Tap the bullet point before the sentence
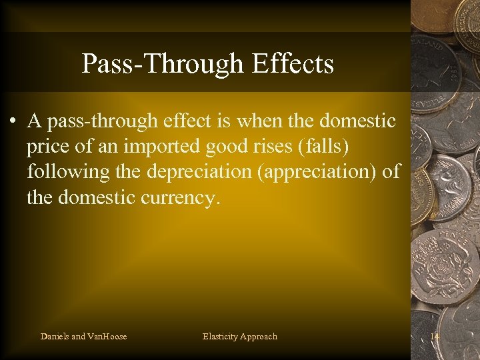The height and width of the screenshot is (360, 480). click(x=13, y=122)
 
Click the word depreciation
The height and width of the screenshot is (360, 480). click(x=190, y=171)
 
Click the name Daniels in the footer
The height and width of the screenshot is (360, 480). click(x=55, y=337)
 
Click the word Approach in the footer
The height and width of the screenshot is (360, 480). click(x=259, y=337)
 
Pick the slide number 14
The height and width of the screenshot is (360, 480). click(x=435, y=337)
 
